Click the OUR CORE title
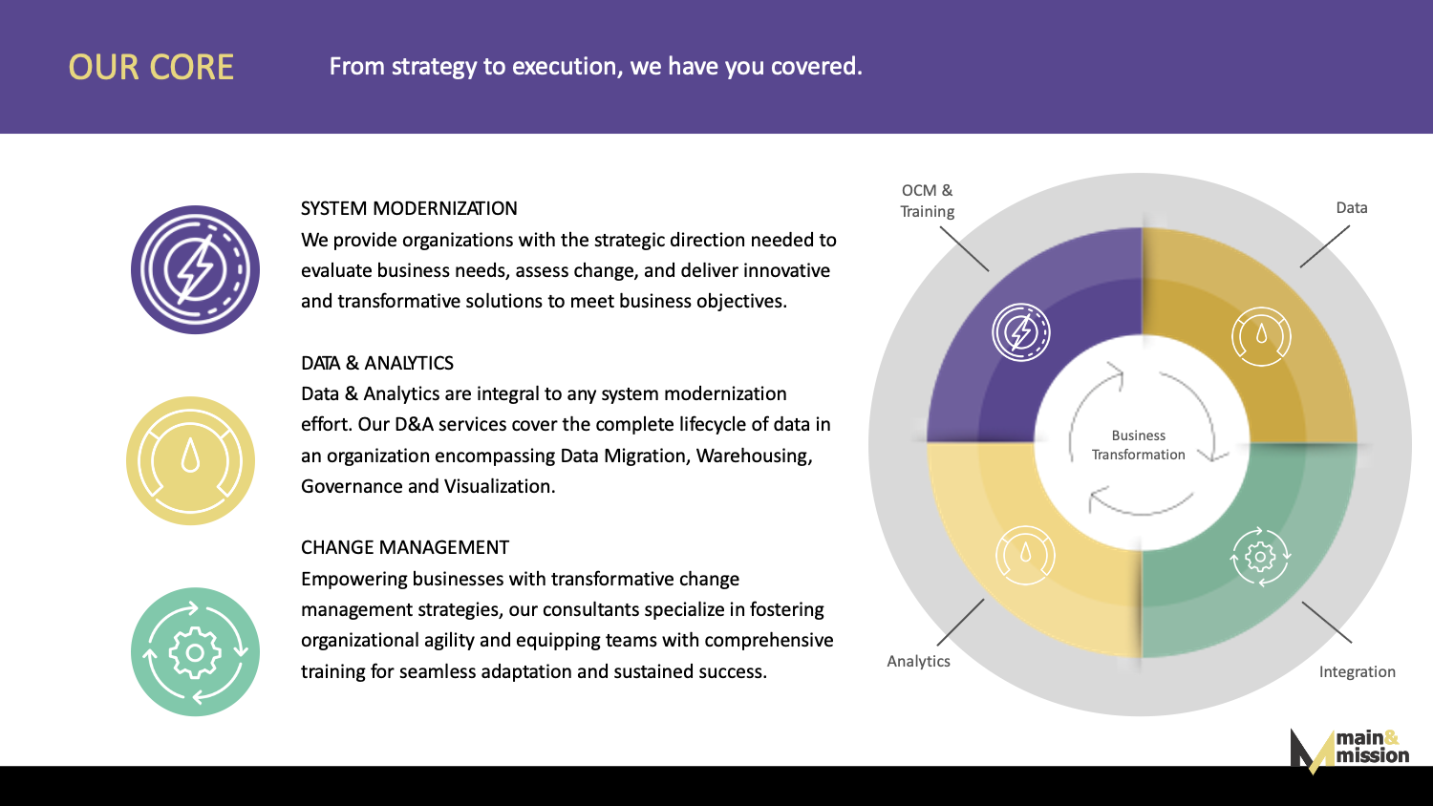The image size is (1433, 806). [x=151, y=67]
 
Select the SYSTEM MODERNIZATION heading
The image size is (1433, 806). [x=409, y=208]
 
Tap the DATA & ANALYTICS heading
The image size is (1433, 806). [x=376, y=363]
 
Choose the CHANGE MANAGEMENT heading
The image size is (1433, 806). [x=405, y=547]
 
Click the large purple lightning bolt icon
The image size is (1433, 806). [x=195, y=269]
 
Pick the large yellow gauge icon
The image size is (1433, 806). [x=191, y=460]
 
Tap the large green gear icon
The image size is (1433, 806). [x=195, y=651]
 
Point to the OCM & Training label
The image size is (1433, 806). [x=927, y=201]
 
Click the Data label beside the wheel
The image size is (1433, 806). [x=1352, y=208]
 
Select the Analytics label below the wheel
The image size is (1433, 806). [x=918, y=662]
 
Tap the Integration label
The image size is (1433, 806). [x=1357, y=671]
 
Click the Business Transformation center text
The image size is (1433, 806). [x=1138, y=445]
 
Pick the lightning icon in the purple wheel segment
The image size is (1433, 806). [x=1021, y=332]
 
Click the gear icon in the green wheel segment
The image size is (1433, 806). [x=1260, y=557]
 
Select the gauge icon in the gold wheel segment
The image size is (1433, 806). [x=1261, y=336]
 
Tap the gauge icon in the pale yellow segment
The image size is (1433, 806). [x=1025, y=555]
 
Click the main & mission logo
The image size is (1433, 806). [x=1349, y=751]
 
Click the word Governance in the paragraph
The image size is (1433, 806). [x=352, y=487]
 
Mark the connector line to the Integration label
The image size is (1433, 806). [x=1327, y=622]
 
